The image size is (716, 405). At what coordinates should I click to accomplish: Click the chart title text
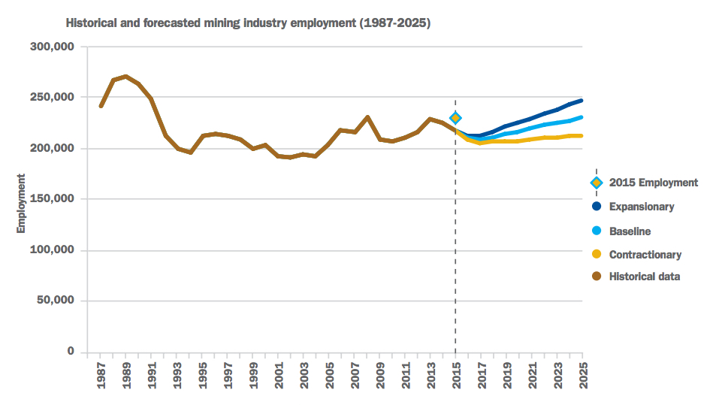coord(248,23)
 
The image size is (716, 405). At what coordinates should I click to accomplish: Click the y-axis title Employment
coord(21,204)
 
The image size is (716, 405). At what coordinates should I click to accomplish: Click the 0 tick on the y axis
coord(70,352)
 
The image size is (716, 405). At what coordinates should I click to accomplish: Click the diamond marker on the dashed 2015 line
coord(455,118)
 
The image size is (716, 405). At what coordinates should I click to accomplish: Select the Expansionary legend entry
coord(641,207)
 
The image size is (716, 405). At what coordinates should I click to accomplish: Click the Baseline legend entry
coord(630,231)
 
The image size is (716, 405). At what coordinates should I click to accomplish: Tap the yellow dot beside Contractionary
coord(597,255)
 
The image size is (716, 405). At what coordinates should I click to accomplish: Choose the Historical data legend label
coord(645,277)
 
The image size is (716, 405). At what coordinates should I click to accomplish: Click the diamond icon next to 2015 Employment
coord(597,183)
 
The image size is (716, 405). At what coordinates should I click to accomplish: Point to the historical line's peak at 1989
coord(126,77)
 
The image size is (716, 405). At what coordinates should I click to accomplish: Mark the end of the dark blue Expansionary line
coord(582,101)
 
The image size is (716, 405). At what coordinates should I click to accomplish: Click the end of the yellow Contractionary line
coord(582,136)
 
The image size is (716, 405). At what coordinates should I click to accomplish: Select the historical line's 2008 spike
coord(367,117)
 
